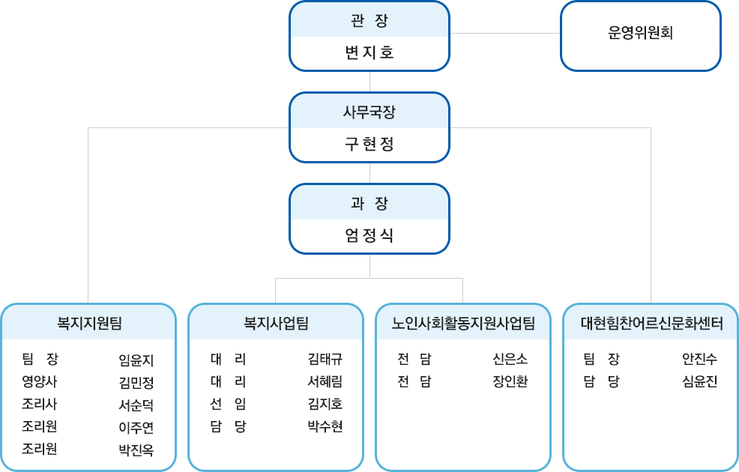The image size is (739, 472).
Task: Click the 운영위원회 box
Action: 640,34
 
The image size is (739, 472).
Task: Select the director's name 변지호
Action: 368,53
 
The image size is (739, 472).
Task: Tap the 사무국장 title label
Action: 368,112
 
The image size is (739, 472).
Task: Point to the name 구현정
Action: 368,144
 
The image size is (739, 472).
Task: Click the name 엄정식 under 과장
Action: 368,236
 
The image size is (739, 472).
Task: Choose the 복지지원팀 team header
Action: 89,324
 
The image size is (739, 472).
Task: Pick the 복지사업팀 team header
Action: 276,324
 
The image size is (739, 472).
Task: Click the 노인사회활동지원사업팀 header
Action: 463,324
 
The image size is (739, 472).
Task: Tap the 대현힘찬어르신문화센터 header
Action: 651,324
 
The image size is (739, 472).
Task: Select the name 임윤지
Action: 136,360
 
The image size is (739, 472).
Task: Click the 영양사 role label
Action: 40,382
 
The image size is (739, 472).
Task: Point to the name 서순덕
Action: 136,405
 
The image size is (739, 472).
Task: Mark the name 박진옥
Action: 136,450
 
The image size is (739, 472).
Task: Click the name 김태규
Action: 325,360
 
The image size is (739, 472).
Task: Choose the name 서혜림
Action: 325,382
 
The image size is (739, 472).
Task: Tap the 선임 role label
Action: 228,405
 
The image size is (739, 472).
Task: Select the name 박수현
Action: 325,427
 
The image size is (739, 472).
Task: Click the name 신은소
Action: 510,360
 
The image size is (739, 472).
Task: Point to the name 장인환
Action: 510,382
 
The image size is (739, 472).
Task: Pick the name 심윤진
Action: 699,382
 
